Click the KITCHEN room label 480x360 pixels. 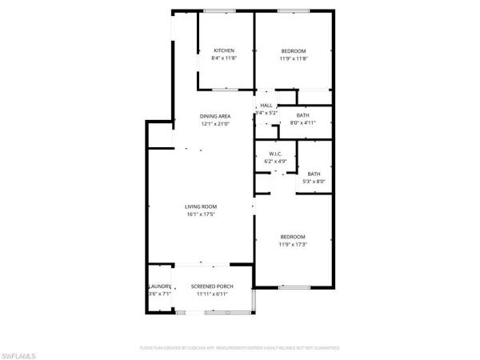point(224,50)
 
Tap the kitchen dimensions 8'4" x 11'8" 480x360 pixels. point(224,58)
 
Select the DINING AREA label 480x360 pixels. point(214,116)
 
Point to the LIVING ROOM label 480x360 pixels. point(202,206)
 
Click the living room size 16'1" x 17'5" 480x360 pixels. point(202,214)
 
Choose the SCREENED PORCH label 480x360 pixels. point(212,286)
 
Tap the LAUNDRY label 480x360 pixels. point(160,286)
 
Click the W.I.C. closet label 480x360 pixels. point(275,154)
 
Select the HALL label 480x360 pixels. point(266,105)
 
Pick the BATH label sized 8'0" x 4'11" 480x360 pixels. point(303,116)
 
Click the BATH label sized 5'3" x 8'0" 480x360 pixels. point(314,174)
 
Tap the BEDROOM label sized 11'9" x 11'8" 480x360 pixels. point(293,50)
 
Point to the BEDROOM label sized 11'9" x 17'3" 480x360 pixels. point(293,236)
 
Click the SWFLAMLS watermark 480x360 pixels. point(20,352)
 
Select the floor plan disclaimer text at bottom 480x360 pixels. point(240,348)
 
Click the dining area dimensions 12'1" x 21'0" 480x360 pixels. point(214,124)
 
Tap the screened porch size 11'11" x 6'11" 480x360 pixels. point(212,294)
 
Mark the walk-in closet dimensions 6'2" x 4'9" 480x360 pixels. point(275,162)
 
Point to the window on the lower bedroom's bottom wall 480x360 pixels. point(293,286)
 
